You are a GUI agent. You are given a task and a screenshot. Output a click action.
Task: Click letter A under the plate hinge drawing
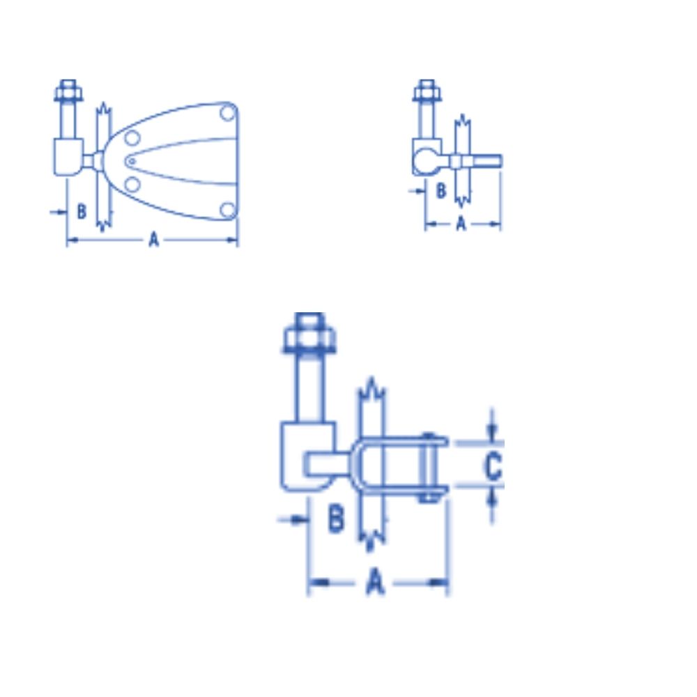(153, 239)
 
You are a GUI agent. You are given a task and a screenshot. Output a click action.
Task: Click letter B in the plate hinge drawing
(82, 211)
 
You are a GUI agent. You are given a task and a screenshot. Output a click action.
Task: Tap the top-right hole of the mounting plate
(228, 113)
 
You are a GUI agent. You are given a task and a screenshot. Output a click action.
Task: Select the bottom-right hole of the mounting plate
(228, 210)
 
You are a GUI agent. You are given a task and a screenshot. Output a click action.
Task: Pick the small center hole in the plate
(131, 162)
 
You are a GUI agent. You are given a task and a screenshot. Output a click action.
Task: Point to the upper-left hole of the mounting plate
(132, 138)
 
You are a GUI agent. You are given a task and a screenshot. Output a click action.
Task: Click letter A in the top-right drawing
(461, 224)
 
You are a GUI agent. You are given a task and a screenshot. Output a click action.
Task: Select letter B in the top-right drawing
(441, 191)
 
